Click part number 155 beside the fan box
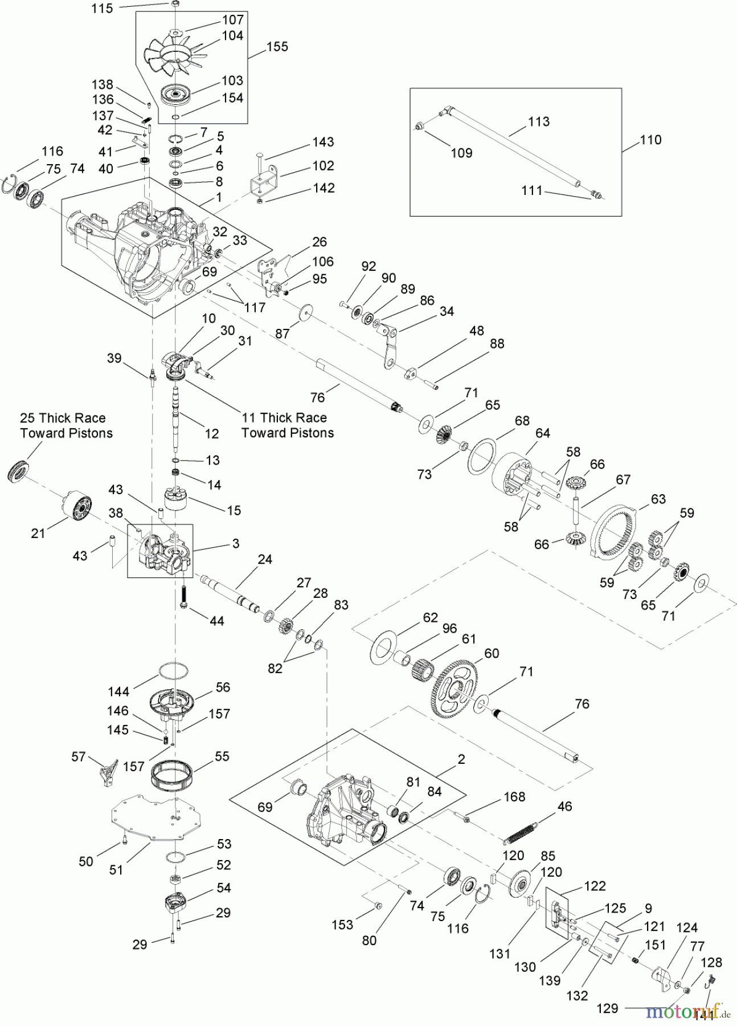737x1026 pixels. click(277, 46)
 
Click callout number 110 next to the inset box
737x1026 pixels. click(650, 140)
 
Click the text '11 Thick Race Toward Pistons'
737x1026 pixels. click(287, 425)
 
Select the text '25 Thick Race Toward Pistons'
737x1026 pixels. click(66, 425)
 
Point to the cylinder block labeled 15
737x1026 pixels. click(175, 504)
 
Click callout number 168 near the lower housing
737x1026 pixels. click(514, 796)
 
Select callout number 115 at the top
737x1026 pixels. click(102, 8)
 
